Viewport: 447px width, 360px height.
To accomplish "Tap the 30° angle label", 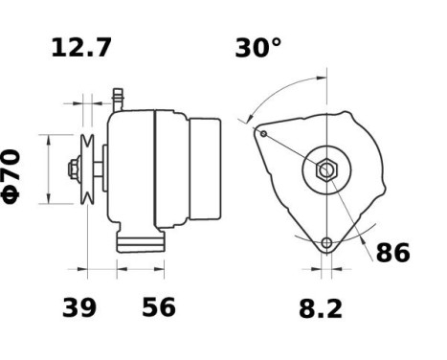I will pos(258,48).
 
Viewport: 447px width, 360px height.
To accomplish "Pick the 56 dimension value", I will pos(158,308).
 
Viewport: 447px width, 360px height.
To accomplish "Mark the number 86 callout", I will pos(391,254).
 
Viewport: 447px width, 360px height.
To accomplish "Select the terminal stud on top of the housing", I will pos(120,97).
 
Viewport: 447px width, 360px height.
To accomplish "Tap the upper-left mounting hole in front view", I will pos(262,133).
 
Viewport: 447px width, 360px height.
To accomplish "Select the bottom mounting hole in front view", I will pos(326,242).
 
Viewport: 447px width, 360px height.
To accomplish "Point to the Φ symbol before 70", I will pos(12,192).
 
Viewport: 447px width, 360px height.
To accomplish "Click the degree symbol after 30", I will pos(277,43).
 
